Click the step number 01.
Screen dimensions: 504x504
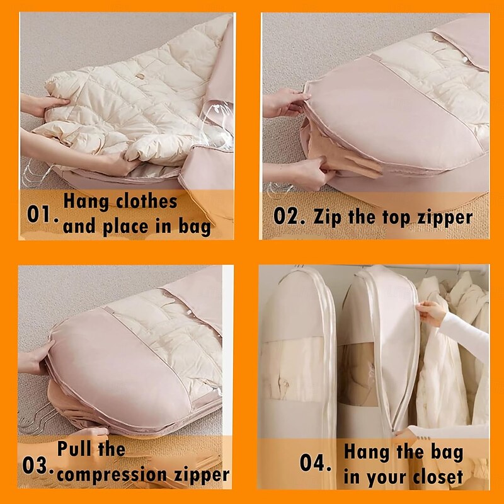(x=42, y=214)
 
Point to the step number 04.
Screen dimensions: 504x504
(x=315, y=463)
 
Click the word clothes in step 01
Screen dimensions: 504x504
(x=147, y=201)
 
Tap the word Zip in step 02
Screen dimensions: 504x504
(x=327, y=217)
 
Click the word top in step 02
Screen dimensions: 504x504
(x=396, y=217)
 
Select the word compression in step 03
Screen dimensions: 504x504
(x=113, y=475)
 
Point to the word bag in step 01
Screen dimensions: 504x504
(x=195, y=227)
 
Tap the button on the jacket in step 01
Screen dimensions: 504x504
(x=140, y=76)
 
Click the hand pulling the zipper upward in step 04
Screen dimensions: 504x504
(x=431, y=313)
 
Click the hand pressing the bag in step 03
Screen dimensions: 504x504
(x=35, y=358)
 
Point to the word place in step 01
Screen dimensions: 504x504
(x=125, y=227)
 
